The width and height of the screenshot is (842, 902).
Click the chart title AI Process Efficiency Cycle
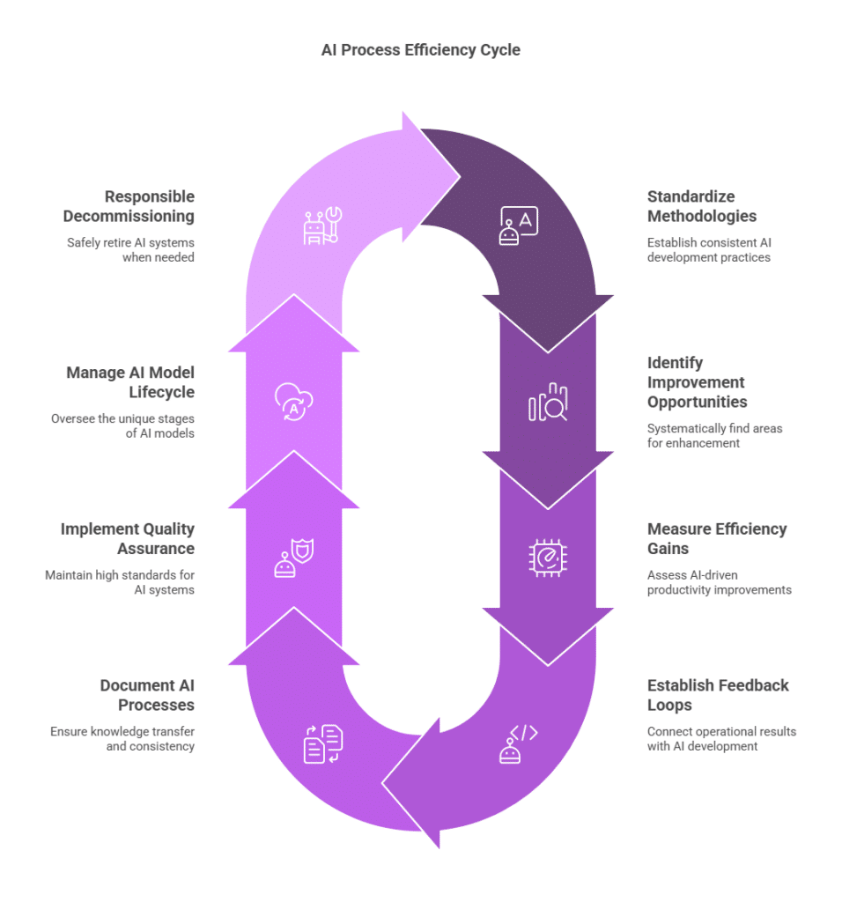click(420, 50)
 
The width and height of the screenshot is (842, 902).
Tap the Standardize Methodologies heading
click(702, 206)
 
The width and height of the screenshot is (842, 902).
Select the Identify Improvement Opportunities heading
click(697, 382)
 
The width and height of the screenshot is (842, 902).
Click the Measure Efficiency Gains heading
click(717, 538)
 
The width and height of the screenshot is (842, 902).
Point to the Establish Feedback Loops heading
click(718, 695)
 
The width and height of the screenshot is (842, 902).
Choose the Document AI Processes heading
click(147, 695)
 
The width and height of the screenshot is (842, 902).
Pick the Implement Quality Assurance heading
click(128, 538)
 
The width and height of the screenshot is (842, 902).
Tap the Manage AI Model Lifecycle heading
click(130, 382)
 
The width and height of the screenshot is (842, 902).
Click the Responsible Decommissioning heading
click(129, 206)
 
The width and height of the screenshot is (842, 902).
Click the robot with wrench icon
click(322, 225)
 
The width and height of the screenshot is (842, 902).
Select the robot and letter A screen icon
click(518, 225)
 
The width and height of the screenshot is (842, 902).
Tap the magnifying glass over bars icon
click(548, 402)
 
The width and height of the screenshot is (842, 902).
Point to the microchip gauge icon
click(548, 558)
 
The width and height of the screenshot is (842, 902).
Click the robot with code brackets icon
click(518, 743)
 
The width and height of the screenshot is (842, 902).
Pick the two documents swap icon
click(322, 743)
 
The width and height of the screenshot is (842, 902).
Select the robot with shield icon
click(294, 558)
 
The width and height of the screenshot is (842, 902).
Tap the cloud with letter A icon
click(294, 402)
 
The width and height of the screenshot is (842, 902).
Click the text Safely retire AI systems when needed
click(130, 249)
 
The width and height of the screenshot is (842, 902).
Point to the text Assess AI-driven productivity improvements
click(719, 582)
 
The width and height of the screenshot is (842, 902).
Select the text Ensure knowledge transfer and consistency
click(122, 739)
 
